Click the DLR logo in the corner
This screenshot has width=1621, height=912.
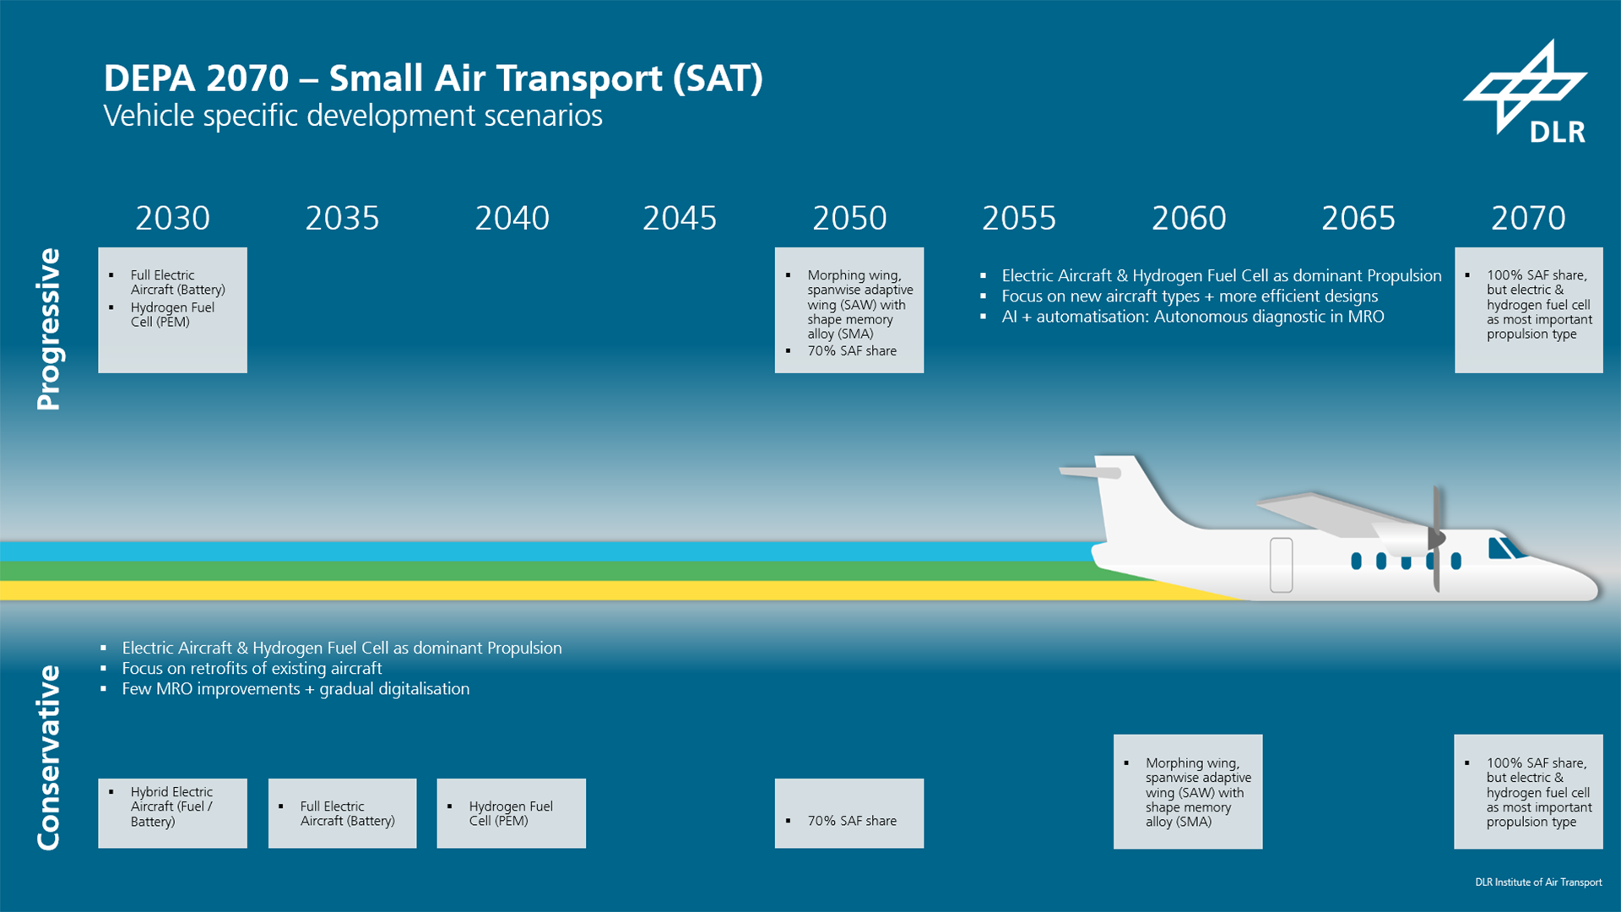click(1526, 93)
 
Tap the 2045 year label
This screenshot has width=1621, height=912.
click(680, 219)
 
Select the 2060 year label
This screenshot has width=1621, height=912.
click(1189, 219)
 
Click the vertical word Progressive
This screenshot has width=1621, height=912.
click(49, 329)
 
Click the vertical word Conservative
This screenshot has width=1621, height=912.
click(49, 757)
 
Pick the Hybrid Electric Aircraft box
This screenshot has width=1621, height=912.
click(172, 812)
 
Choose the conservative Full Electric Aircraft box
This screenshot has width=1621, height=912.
click(342, 812)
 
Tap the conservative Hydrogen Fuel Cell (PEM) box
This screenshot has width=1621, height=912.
click(511, 812)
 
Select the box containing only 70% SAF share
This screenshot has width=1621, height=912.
click(848, 812)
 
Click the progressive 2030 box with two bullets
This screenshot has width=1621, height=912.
click(172, 309)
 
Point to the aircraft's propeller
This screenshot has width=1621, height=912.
click(1435, 538)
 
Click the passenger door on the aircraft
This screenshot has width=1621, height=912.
click(1281, 564)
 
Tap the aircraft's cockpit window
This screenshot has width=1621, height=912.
click(1502, 548)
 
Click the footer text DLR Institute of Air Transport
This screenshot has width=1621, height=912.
click(1537, 882)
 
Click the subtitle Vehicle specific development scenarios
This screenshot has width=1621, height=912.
click(353, 116)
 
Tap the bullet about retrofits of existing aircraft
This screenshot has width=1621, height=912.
click(252, 669)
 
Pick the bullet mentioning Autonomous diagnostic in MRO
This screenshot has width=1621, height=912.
click(1192, 317)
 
